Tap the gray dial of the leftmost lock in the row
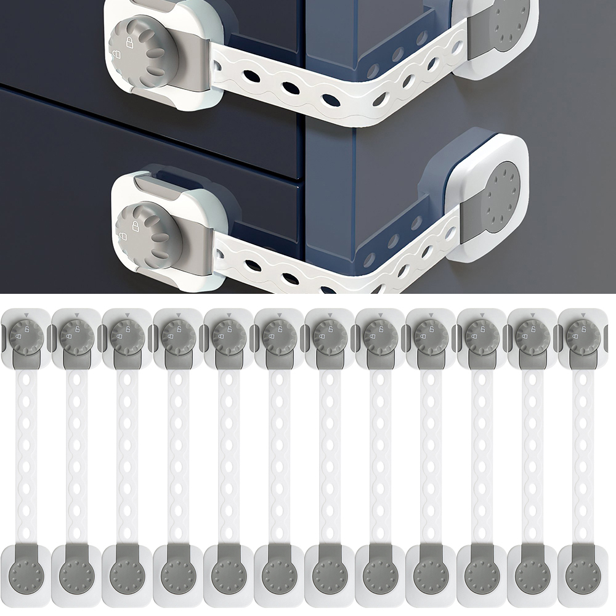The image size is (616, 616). [26, 336]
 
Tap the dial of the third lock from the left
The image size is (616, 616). [128, 336]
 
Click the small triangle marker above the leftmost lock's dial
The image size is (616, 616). [26, 315]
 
